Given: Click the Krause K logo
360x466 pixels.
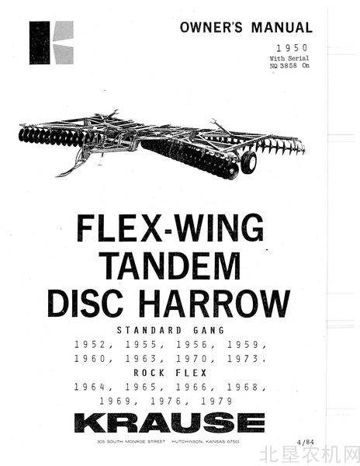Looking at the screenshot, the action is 51,43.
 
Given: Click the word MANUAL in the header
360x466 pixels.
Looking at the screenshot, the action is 282,27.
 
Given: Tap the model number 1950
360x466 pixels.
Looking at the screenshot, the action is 292,47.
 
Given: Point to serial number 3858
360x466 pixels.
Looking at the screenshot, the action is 288,65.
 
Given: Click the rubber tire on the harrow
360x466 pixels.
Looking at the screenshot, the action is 249,162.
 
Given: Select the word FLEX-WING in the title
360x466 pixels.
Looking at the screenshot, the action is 170,228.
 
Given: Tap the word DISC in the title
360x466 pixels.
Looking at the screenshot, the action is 85,303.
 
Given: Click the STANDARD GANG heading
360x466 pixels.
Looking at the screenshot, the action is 171,330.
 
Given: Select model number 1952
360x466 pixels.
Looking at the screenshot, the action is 90,345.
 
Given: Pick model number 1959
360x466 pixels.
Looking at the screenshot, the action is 243,345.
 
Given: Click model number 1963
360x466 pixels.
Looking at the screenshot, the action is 141,359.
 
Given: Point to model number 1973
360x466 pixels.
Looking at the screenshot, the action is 243,359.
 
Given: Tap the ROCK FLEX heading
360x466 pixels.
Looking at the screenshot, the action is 171,373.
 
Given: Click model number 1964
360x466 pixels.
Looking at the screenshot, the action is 90,387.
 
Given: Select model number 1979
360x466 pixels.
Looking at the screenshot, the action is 217,402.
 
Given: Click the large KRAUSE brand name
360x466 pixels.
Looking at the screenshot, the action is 169,423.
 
